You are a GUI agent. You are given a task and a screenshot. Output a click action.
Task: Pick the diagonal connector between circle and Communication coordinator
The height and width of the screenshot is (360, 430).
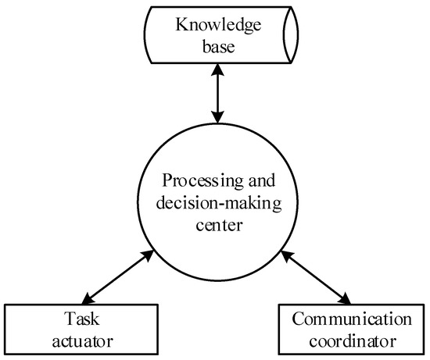[x=314, y=277]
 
